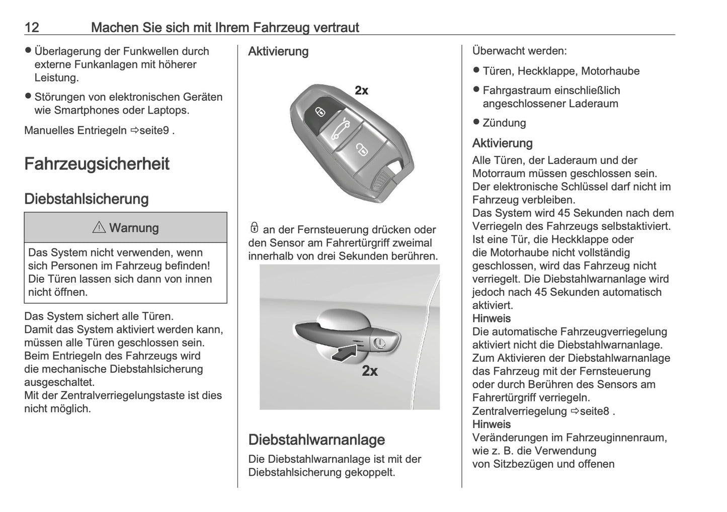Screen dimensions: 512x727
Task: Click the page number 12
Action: (32, 27)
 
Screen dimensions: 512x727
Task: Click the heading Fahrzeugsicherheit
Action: (97, 164)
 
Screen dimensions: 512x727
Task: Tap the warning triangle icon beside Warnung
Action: (99, 228)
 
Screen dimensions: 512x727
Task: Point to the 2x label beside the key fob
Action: (361, 91)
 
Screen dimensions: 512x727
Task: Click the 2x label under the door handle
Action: (370, 371)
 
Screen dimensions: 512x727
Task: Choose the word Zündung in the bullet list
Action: (504, 123)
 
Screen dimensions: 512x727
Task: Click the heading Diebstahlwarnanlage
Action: (316, 440)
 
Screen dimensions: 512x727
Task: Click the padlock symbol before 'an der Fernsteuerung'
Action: (254, 228)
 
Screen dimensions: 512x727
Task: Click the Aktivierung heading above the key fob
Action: (278, 51)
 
